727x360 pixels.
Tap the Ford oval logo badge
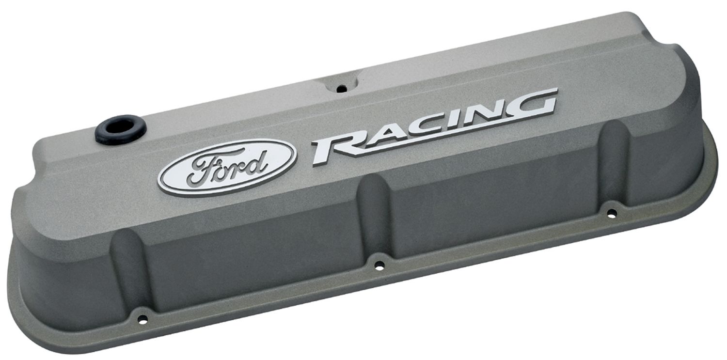[227, 168]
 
